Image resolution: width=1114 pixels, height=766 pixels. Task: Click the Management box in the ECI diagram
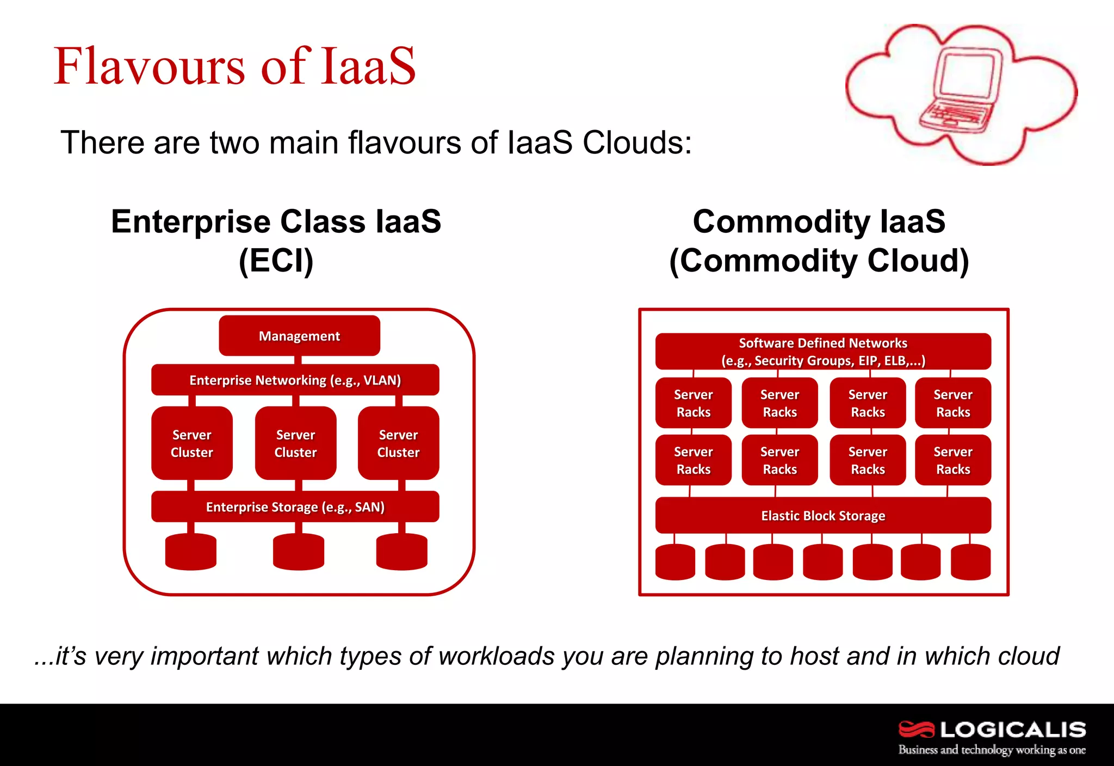tap(299, 336)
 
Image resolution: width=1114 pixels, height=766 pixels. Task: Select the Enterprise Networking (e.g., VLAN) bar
tap(295, 380)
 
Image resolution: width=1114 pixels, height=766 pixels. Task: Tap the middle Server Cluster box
tap(295, 443)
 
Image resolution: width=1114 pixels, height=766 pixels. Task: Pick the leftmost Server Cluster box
tap(191, 443)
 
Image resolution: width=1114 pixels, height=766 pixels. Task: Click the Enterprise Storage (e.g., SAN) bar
tap(295, 506)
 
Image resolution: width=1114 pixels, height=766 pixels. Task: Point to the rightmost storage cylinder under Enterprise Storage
tap(401, 552)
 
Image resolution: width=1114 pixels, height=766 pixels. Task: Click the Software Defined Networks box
tap(822, 351)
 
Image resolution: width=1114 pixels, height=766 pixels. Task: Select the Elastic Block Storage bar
tap(822, 515)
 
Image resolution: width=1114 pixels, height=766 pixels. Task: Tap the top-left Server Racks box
tap(693, 403)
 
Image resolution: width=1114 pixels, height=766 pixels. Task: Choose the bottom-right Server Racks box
tap(952, 460)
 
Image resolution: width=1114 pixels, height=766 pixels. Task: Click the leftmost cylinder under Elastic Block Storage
tap(675, 561)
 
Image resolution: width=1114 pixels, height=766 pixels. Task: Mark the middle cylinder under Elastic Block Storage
tap(822, 561)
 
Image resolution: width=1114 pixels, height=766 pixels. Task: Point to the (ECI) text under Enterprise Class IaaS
tap(276, 261)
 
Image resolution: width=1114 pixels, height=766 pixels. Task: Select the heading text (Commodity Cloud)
tap(819, 261)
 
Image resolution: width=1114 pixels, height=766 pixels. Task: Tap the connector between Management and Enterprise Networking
tap(298, 360)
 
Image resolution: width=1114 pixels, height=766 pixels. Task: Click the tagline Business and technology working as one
tap(991, 750)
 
